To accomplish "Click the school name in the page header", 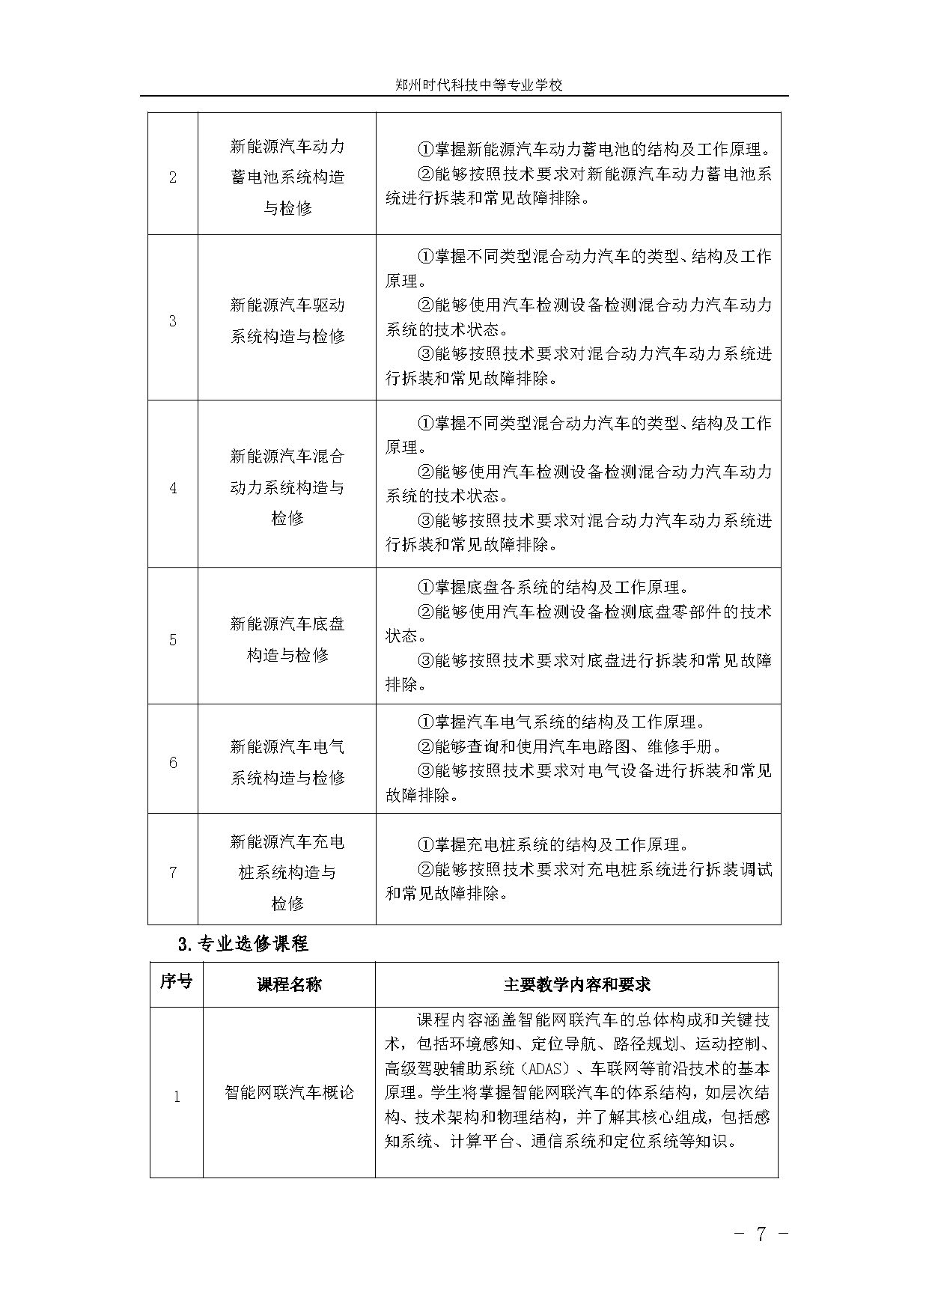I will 478,85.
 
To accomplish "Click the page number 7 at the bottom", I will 761,1234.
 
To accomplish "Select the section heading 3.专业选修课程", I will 243,944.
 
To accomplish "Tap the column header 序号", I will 176,982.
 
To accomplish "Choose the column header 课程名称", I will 289,984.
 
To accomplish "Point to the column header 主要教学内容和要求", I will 576,984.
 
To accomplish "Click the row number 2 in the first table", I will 173,177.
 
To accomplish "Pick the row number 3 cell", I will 173,320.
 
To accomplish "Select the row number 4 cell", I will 173,488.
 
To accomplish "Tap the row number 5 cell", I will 173,639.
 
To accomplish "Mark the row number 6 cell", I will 173,762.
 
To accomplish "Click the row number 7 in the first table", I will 173,872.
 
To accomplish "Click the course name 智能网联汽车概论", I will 289,1092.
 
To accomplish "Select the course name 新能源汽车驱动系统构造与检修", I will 287,320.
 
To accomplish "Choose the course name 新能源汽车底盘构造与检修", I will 287,639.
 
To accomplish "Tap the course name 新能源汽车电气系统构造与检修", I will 287,762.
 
